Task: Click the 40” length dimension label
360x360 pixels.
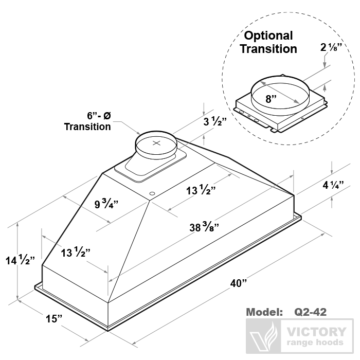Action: tap(239, 283)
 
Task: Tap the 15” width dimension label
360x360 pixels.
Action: tap(53, 318)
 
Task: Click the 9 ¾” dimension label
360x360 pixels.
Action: tap(107, 204)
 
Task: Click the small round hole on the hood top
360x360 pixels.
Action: tap(152, 194)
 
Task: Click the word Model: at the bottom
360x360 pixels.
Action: tap(265, 312)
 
